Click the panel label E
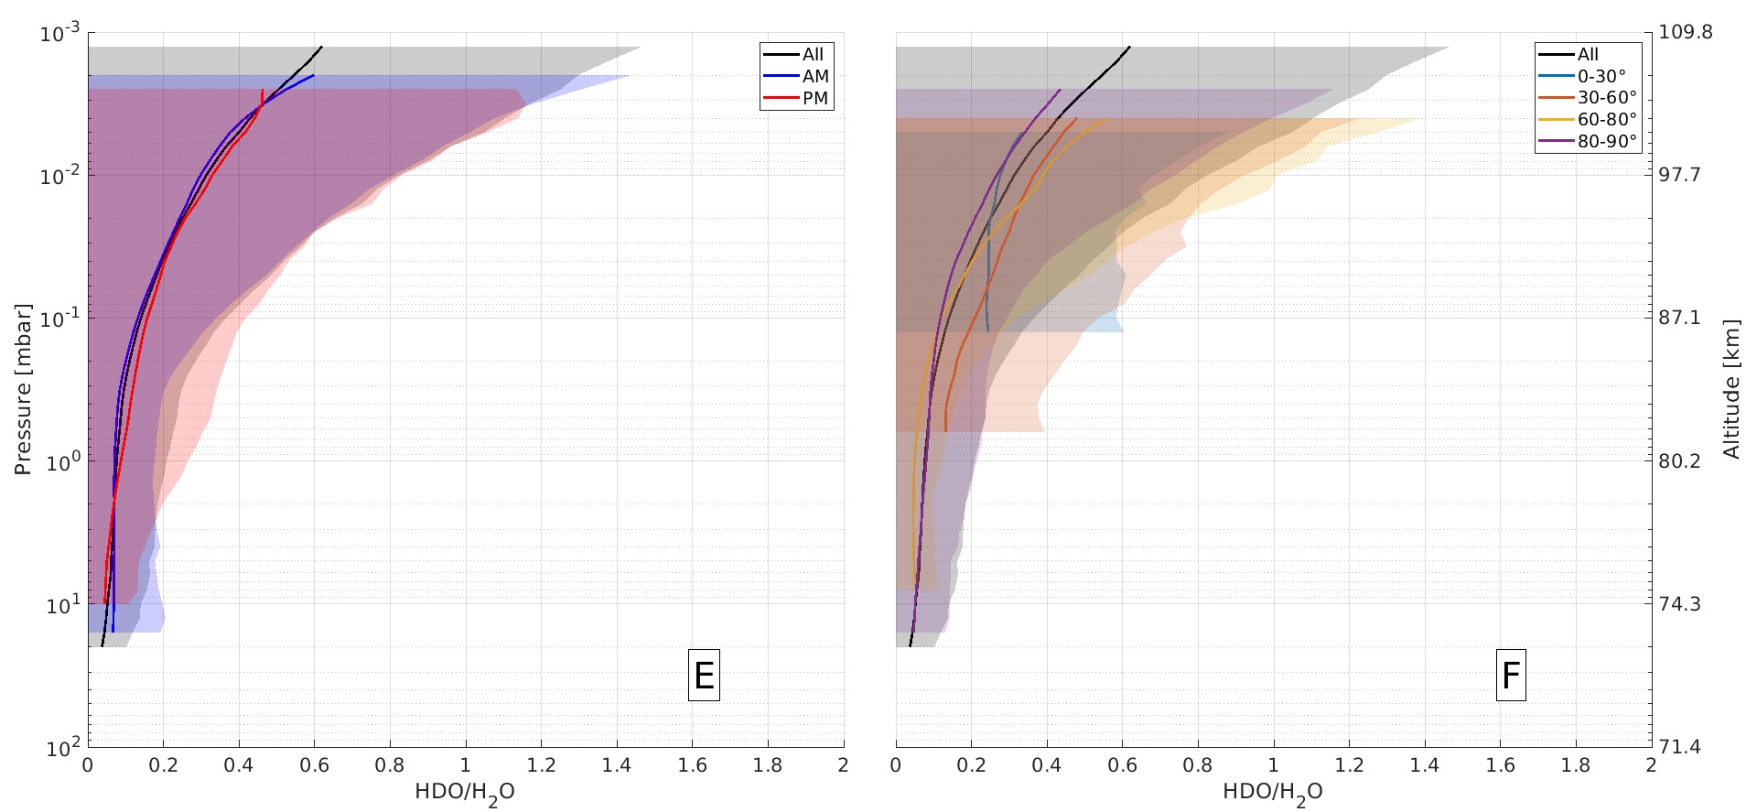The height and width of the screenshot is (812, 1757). click(x=704, y=676)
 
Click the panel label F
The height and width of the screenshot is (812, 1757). click(x=1511, y=676)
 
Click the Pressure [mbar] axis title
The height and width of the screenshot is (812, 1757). click(x=23, y=390)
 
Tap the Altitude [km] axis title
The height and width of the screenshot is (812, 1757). click(x=1731, y=388)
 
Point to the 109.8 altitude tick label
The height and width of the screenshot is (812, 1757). click(x=1686, y=32)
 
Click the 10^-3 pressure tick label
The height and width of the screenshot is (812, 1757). click(x=60, y=34)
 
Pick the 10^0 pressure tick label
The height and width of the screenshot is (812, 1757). click(x=60, y=461)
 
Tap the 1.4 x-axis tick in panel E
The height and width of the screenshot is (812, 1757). click(x=617, y=766)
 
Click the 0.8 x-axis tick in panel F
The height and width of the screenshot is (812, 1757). click(x=1198, y=766)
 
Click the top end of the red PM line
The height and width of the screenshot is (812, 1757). click(x=263, y=91)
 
